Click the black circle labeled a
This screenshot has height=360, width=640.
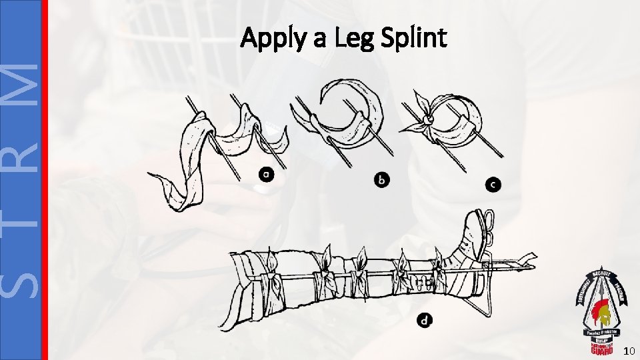coord(266,175)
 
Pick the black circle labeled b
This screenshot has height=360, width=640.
coord(382,179)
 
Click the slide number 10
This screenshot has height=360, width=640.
coord(629,351)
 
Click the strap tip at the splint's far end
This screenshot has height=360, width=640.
coord(532,254)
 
